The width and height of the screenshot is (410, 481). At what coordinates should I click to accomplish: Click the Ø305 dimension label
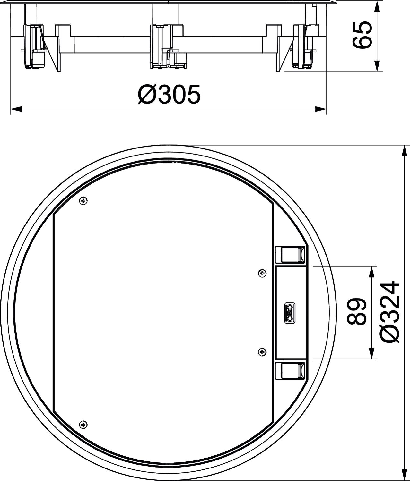[169, 94]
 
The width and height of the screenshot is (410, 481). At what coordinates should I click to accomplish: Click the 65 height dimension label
[361, 35]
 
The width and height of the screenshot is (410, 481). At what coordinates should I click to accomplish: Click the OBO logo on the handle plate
[290, 313]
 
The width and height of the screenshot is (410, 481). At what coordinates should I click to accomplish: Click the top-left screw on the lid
[83, 200]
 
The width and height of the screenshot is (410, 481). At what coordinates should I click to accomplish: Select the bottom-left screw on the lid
[83, 425]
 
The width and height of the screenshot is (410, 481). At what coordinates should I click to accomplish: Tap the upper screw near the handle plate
[263, 273]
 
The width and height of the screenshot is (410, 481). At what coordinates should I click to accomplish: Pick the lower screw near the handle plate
[263, 352]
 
